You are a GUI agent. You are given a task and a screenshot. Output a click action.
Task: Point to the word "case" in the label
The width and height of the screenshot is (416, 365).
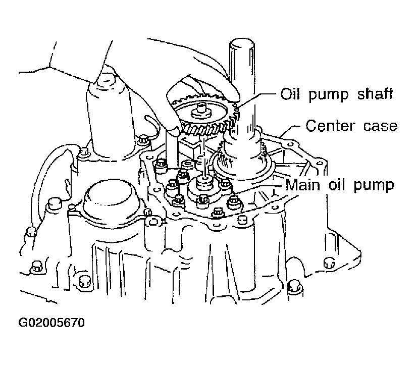tap(380, 126)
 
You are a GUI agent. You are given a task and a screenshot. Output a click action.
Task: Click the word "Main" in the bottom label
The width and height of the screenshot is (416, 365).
tap(303, 185)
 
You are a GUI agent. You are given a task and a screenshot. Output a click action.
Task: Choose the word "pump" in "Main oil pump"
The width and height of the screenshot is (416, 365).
tap(374, 186)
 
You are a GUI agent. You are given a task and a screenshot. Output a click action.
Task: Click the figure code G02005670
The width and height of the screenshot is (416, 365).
tap(51, 323)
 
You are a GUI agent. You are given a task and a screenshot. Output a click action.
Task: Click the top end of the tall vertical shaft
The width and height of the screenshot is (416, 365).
tap(241, 42)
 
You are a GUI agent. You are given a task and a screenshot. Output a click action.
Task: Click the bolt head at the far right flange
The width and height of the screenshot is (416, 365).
tap(329, 263)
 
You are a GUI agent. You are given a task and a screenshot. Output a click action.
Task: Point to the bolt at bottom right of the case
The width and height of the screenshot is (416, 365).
tap(294, 286)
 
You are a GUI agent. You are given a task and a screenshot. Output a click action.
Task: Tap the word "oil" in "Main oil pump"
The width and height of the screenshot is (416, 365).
tap(337, 185)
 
